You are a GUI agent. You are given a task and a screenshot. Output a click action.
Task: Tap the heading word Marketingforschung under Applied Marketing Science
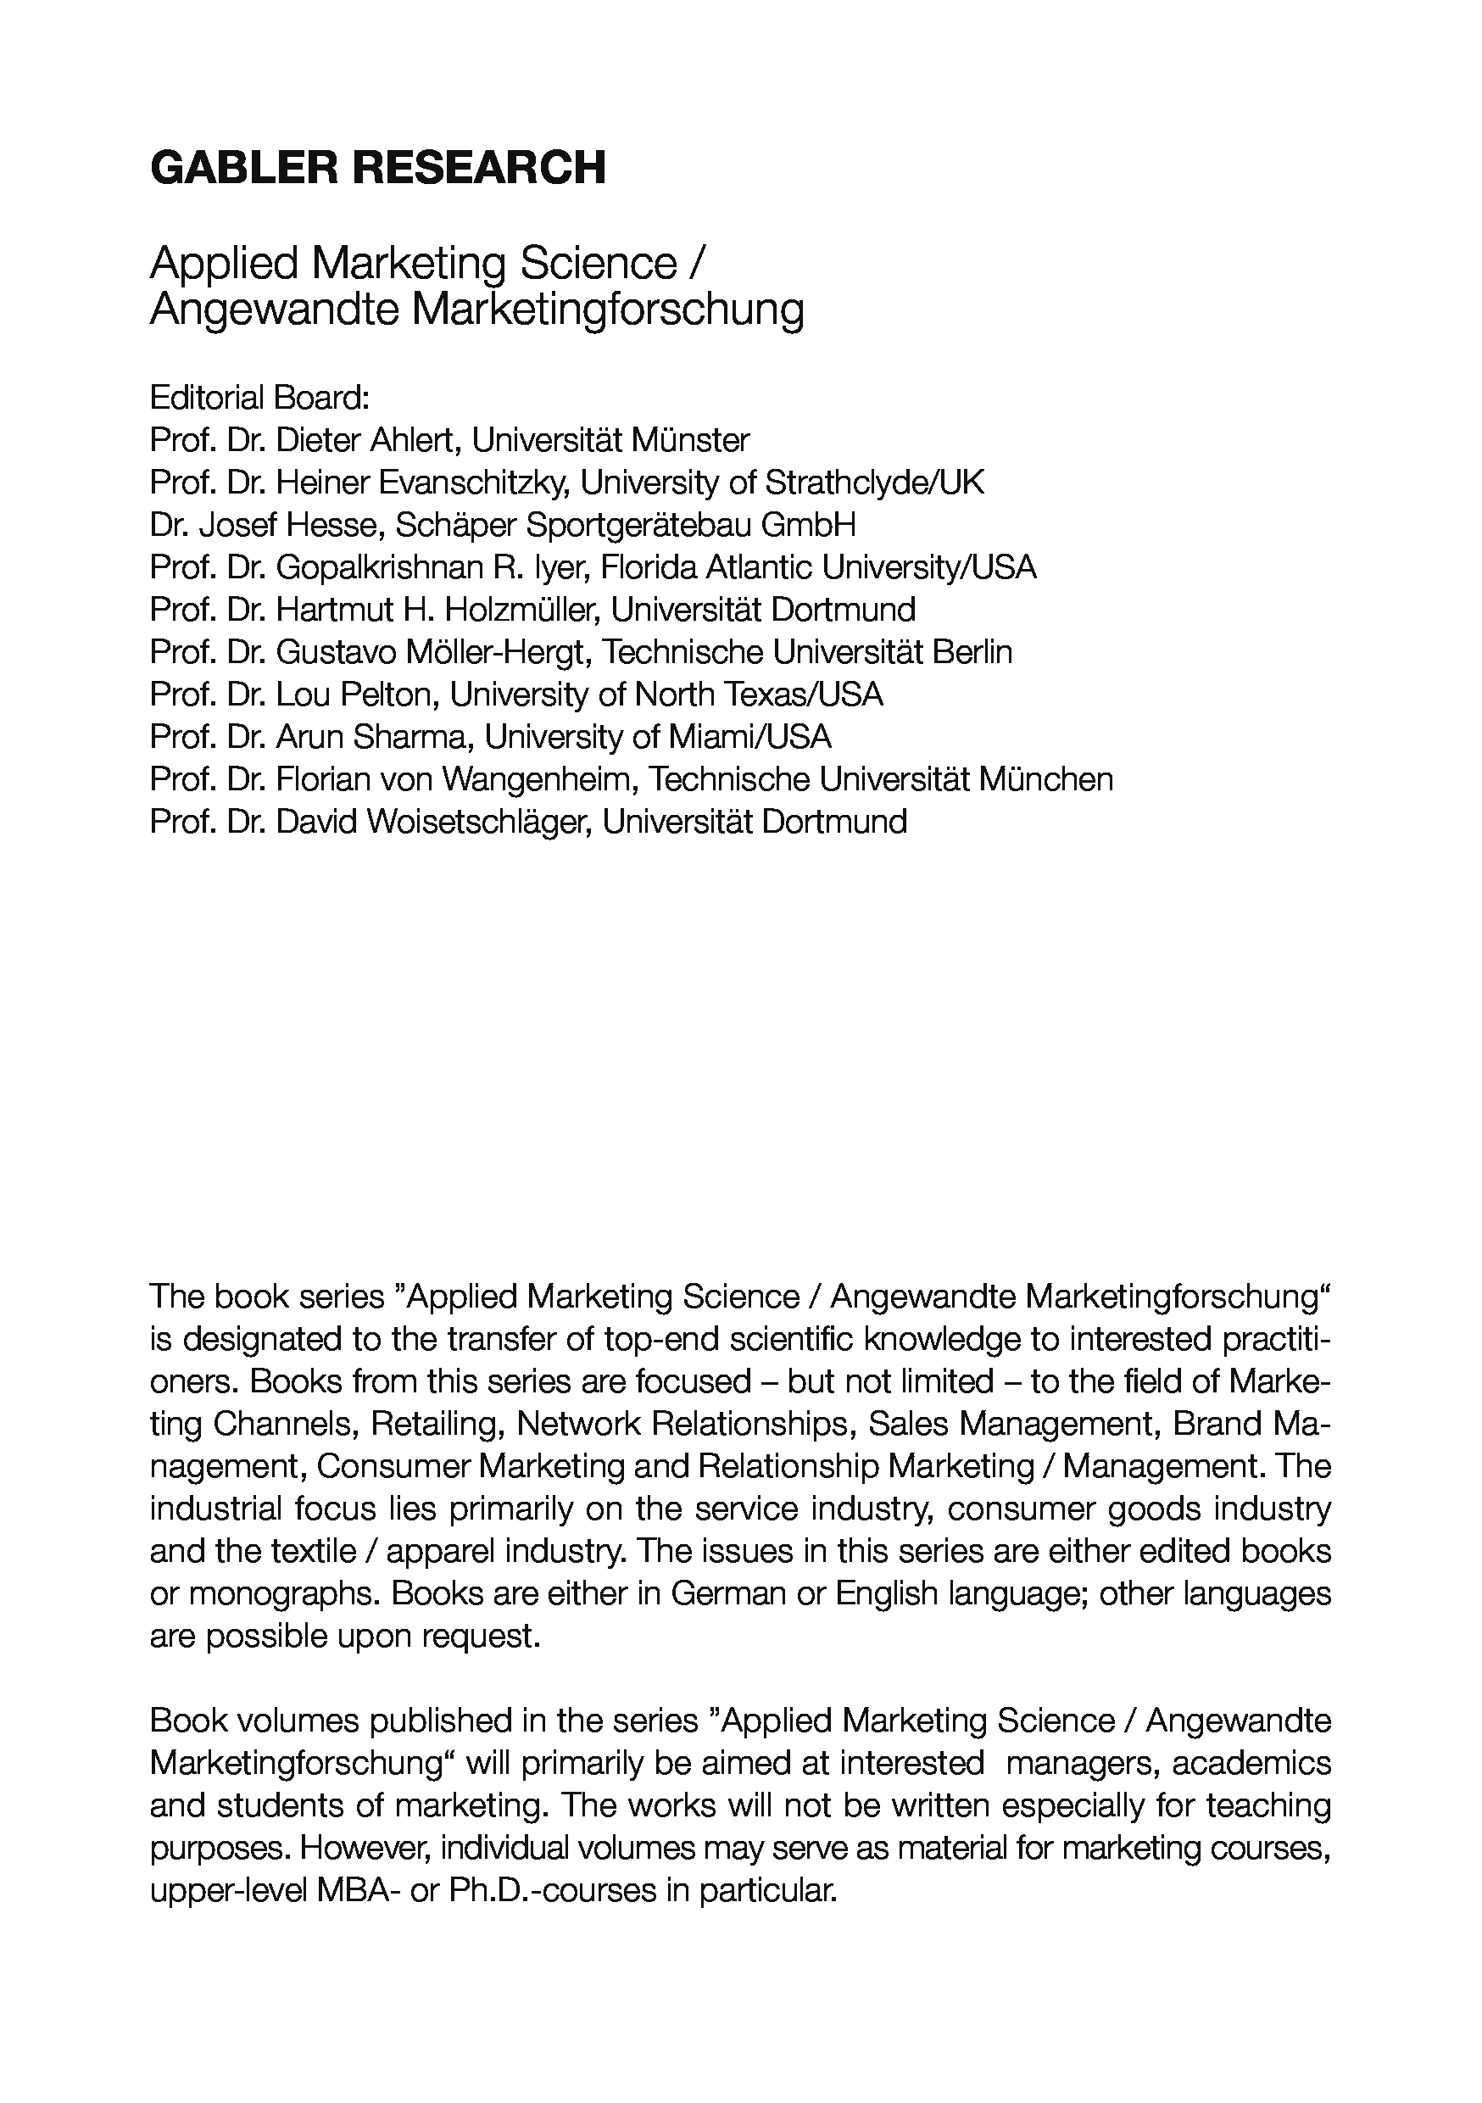(x=607, y=309)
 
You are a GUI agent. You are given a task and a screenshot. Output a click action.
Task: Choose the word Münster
(x=690, y=441)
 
